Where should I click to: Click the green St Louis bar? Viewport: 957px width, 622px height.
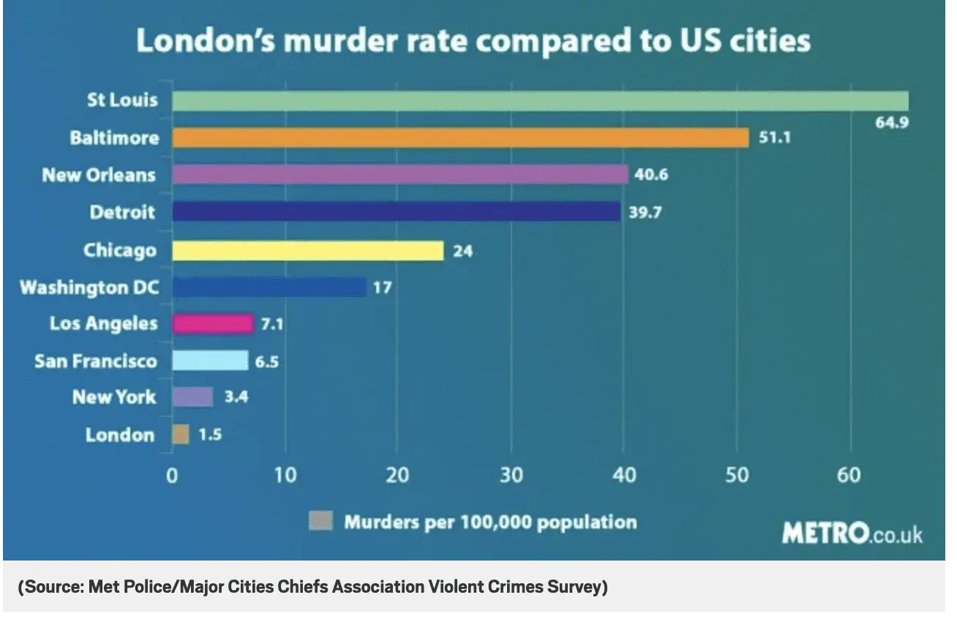540,100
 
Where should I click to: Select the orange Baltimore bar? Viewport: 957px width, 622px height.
460,138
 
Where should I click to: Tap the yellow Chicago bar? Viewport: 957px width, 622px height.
307,250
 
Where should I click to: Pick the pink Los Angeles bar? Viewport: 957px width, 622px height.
212,323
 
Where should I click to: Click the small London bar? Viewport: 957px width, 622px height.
180,435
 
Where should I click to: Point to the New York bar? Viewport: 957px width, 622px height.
192,397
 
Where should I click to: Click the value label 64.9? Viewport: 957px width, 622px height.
892,122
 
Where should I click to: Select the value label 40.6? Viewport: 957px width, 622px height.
651,175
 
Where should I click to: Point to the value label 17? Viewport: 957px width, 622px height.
382,287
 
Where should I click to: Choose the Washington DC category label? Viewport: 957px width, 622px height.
89,287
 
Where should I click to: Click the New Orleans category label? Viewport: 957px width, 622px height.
99,175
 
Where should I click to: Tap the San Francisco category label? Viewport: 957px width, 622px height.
95,361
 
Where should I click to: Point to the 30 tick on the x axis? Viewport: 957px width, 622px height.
511,475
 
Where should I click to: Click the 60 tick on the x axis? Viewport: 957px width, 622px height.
849,475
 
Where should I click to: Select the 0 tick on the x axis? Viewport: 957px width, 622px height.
172,475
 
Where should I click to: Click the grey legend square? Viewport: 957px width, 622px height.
320,522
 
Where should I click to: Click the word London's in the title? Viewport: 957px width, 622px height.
203,41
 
